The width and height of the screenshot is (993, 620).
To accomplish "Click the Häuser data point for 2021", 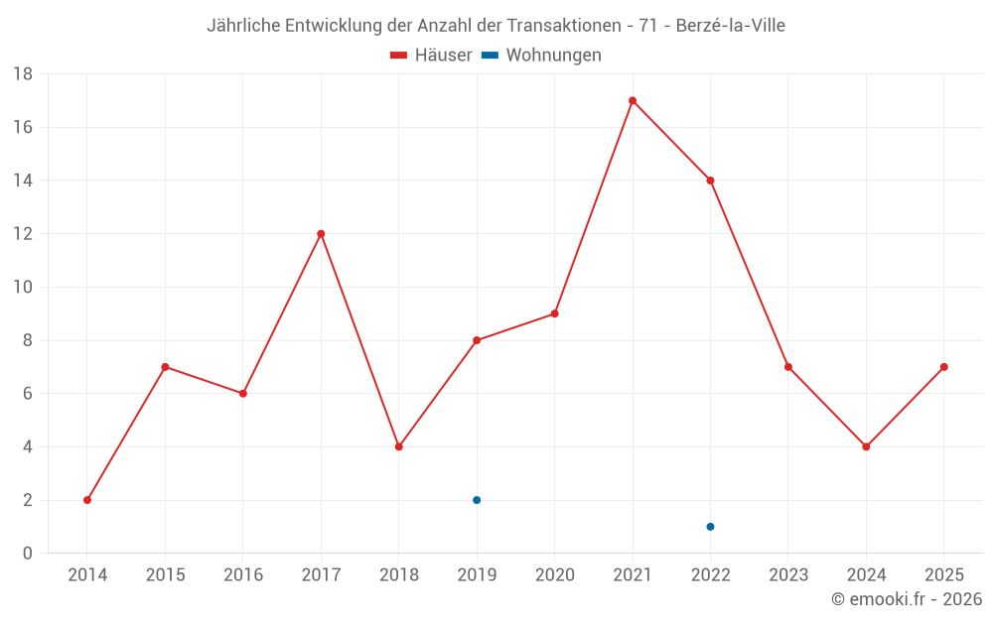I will point(633,100).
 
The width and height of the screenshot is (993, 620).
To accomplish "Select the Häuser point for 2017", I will point(321,234).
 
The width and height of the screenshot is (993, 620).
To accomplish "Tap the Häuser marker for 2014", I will point(87,500).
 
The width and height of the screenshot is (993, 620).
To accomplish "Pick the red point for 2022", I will point(710,181).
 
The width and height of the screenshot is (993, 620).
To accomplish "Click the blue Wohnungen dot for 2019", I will point(477,500).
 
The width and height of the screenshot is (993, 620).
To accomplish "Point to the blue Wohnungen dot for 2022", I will point(710,527).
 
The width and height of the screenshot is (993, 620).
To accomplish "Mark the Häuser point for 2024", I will point(866,446).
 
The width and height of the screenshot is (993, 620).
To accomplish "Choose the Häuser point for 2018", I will point(398,446).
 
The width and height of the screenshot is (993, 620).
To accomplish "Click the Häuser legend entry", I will point(431,56).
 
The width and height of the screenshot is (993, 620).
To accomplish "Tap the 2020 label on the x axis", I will point(554,574).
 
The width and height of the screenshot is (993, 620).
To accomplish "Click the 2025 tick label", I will point(943,574).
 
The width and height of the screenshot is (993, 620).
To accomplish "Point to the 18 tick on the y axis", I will point(24,74).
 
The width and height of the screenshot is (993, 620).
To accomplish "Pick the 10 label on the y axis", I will point(24,288).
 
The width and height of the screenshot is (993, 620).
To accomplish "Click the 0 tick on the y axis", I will point(28,554).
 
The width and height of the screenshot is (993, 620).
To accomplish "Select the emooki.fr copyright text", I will point(907,599).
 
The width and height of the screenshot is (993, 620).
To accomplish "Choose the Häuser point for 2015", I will point(165,367).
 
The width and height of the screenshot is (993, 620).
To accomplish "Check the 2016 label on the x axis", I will point(242,574).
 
